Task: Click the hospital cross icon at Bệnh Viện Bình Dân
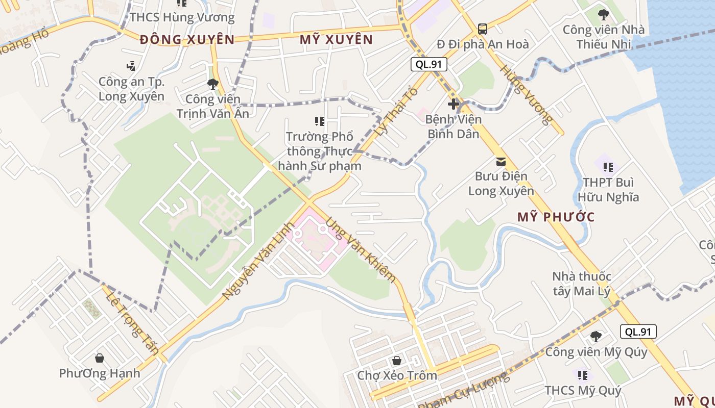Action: pyautogui.click(x=454, y=105)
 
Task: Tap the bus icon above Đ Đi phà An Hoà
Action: pyautogui.click(x=482, y=29)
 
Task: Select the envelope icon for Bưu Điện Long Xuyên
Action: pyautogui.click(x=501, y=162)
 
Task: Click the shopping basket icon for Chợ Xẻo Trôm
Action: pyautogui.click(x=397, y=361)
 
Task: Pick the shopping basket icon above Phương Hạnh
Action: pyautogui.click(x=100, y=358)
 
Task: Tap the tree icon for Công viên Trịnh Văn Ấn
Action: pyautogui.click(x=213, y=84)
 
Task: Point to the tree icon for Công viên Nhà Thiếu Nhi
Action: pyautogui.click(x=603, y=14)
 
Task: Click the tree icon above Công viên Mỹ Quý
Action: pyautogui.click(x=595, y=336)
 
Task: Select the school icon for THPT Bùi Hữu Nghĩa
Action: pyautogui.click(x=608, y=167)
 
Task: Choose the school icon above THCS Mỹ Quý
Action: pyautogui.click(x=583, y=375)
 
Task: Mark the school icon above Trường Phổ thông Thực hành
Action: pyautogui.click(x=320, y=121)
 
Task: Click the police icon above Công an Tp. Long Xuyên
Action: pyautogui.click(x=131, y=66)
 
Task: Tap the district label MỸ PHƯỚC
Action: pyautogui.click(x=556, y=217)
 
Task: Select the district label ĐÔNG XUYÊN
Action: pyautogui.click(x=187, y=39)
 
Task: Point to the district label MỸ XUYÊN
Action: pyautogui.click(x=336, y=39)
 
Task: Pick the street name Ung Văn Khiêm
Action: pyautogui.click(x=361, y=250)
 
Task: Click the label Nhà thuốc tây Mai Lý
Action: pyautogui.click(x=581, y=284)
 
